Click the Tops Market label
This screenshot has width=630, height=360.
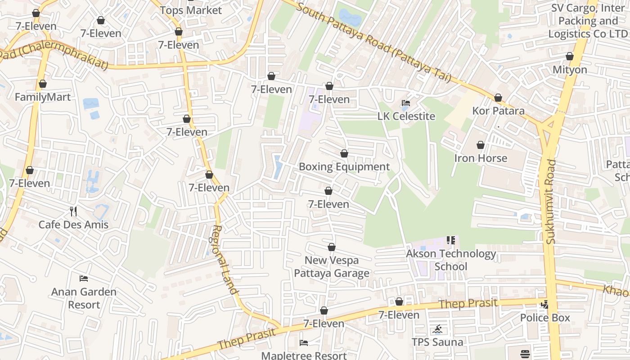[191, 10]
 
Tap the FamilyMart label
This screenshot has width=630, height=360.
[43, 97]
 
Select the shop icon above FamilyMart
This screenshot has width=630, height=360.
[43, 84]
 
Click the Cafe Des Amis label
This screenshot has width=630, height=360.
[73, 225]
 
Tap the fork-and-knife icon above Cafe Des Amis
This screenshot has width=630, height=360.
[73, 211]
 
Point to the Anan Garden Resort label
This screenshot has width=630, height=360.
[84, 298]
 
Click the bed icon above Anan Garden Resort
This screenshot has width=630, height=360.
[84, 279]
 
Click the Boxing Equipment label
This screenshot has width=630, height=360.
[344, 167]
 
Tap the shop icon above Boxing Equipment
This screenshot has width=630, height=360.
[344, 154]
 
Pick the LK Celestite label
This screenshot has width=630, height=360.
[406, 117]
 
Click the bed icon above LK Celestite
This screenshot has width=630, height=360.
[406, 103]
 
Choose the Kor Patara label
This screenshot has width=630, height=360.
[498, 111]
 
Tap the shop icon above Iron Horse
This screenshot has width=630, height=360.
[481, 145]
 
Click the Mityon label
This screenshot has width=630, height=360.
[570, 70]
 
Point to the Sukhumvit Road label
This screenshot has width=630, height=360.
[551, 202]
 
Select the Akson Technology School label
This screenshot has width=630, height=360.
[451, 260]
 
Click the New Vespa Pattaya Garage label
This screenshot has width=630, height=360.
[332, 267]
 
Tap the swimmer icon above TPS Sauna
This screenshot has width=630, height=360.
[437, 329]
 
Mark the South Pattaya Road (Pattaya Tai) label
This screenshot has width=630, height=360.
[373, 43]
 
